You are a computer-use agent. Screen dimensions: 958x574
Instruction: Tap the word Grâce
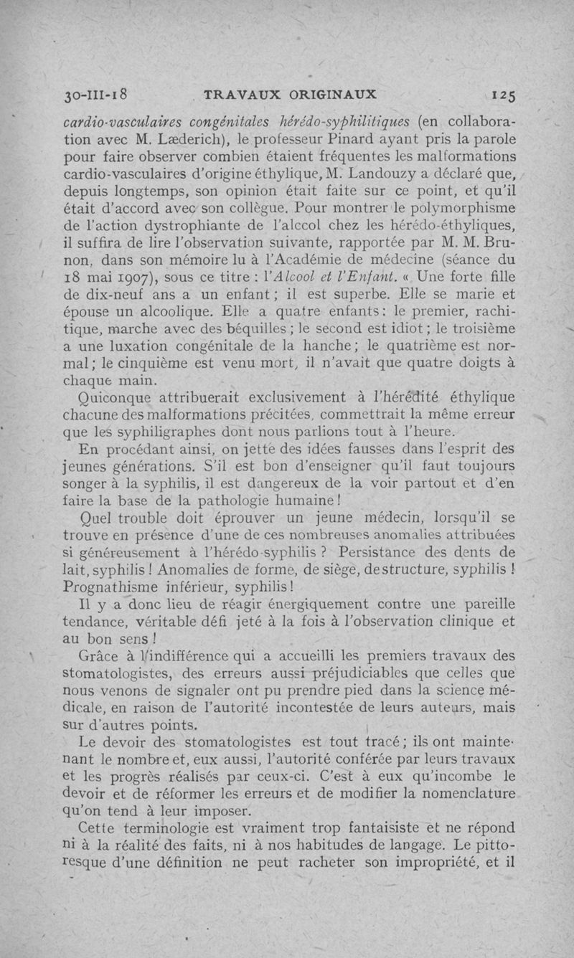(103, 655)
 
